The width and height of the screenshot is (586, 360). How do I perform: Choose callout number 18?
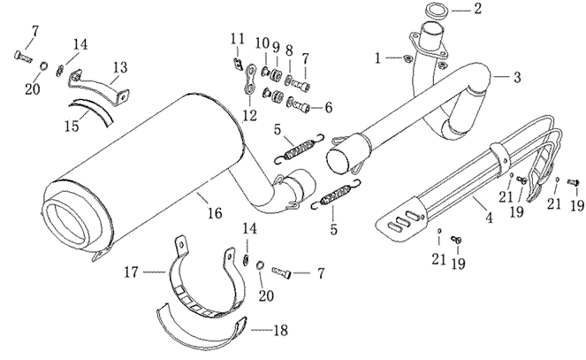coord(281,330)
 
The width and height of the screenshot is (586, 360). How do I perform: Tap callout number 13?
coord(119,66)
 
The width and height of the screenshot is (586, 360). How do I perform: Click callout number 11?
coord(237,38)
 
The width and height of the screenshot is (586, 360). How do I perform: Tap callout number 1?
coord(378,58)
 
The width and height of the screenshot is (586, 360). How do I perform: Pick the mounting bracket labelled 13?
coord(97,89)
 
